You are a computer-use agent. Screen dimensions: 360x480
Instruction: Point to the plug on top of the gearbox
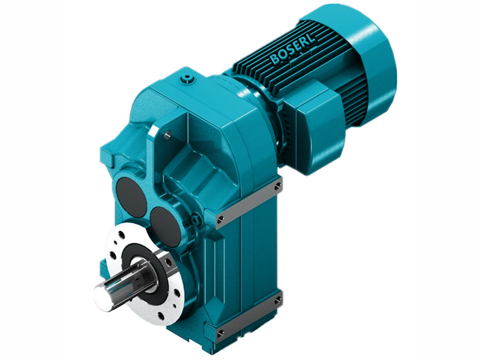190,78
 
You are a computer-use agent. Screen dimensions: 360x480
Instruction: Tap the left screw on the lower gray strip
220,333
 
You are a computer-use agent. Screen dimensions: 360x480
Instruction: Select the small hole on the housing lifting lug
169,135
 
